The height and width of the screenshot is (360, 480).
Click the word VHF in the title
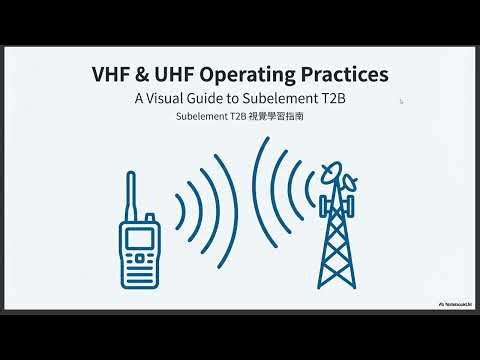(x=112, y=76)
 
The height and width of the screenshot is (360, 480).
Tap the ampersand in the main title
(x=144, y=76)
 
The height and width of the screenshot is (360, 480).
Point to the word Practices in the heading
(x=345, y=76)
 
